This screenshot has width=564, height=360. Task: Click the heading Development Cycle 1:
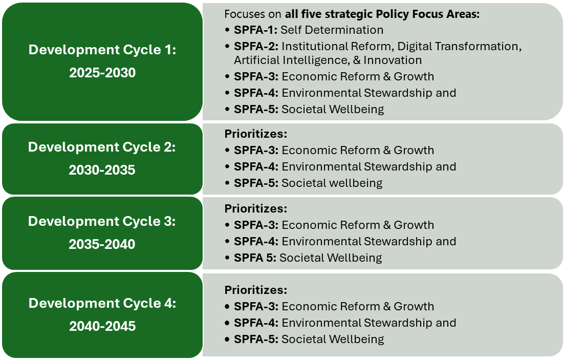pos(102,50)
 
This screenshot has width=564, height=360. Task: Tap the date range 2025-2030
pos(102,73)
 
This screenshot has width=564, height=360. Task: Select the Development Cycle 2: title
pos(102,147)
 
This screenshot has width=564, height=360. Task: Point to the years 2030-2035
pos(102,170)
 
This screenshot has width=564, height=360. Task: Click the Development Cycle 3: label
pos(102,221)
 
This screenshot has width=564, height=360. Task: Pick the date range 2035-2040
pos(102,244)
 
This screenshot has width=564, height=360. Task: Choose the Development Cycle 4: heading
pos(102,303)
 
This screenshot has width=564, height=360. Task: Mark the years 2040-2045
pos(102,326)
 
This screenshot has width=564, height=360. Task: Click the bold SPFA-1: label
pos(255,30)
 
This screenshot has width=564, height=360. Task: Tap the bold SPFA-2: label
pos(256,47)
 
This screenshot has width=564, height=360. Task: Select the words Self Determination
pos(332,30)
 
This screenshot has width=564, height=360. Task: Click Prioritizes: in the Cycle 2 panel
pos(256,134)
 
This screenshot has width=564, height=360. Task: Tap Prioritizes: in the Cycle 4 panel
pos(256,290)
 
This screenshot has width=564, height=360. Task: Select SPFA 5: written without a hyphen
pos(255,258)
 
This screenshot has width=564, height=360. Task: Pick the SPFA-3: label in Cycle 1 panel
pos(256,77)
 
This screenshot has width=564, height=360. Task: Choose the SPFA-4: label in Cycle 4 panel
pos(256,323)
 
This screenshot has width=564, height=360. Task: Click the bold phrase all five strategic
pos(329,14)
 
